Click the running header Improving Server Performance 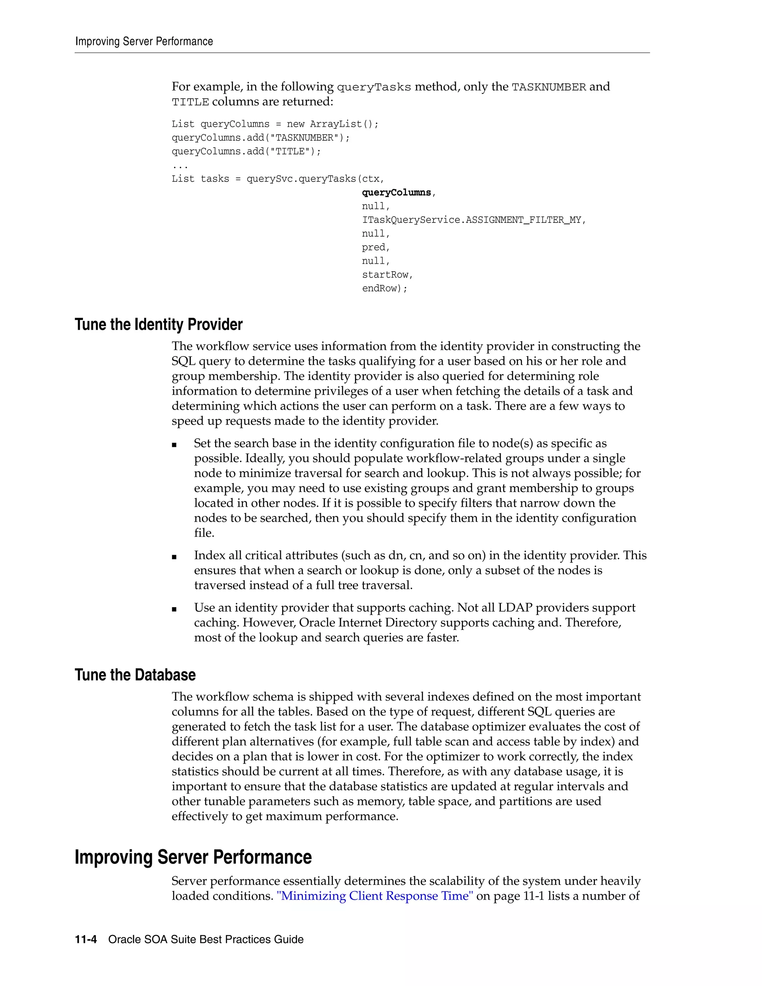coord(144,42)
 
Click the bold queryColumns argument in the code coord(396,193)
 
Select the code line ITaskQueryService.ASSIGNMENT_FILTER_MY coord(473,220)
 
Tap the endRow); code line coord(385,288)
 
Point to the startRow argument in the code coord(385,275)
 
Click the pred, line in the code coord(375,247)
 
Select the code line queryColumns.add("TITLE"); coord(246,152)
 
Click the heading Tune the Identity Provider coord(159,324)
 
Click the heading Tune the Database coord(135,675)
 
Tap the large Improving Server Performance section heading coord(193,857)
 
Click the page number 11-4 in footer coord(86,939)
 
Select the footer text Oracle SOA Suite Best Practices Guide coord(206,939)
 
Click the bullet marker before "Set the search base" coord(174,445)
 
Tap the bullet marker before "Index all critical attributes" coord(174,557)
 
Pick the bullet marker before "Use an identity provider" coord(174,609)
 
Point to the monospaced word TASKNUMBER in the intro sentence coord(548,87)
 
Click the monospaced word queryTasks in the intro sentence coord(374,87)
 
